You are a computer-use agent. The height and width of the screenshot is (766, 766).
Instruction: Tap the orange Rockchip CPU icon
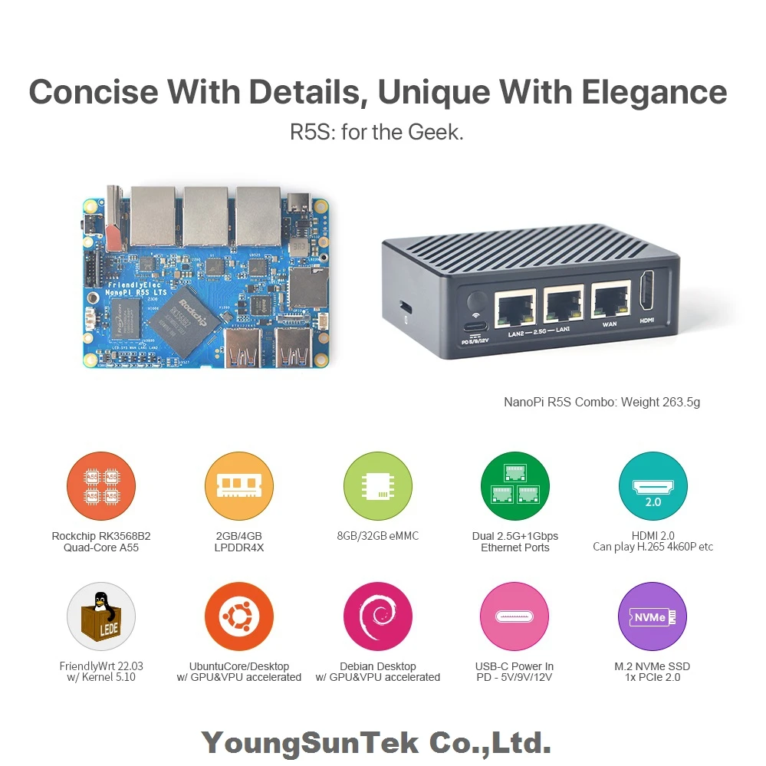coord(101,486)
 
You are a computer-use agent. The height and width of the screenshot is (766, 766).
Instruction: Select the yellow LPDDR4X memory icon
coord(239,486)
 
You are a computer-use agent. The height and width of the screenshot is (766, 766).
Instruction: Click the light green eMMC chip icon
coord(377,486)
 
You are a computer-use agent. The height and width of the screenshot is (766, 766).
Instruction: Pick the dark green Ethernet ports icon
coord(515,486)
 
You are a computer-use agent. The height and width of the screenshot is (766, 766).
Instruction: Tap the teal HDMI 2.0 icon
coord(653,486)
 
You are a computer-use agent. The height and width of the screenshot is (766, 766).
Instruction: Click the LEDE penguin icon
coord(101,616)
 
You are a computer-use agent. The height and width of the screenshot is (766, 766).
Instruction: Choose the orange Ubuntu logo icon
coord(239,616)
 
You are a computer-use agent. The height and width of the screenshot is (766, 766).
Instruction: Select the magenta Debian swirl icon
coord(377,616)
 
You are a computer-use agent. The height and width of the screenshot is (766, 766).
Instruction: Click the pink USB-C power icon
coord(515,616)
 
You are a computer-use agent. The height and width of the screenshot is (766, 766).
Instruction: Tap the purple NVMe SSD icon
coord(653,616)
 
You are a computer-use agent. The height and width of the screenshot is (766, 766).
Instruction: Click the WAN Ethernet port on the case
coord(610,304)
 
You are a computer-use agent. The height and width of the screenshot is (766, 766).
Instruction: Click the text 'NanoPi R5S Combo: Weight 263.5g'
coord(601,402)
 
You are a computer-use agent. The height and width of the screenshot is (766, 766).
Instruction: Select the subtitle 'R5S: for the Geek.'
coord(376,132)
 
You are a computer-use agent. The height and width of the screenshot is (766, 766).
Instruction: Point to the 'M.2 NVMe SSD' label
coord(652,666)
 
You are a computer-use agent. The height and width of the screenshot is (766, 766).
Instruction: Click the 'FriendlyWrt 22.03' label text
coord(101,666)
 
